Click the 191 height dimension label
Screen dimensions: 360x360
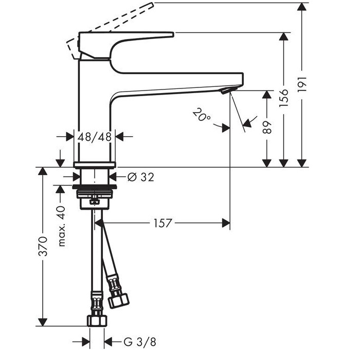[x=302, y=84]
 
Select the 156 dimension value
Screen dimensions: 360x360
[x=284, y=98]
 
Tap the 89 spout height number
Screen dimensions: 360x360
[x=267, y=128]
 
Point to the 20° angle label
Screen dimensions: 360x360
[x=201, y=115]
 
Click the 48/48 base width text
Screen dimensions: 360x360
[x=95, y=137]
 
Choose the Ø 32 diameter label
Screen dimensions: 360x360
[x=141, y=177]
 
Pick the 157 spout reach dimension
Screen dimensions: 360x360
[x=163, y=223]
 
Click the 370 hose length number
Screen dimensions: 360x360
[x=43, y=246]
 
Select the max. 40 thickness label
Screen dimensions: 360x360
[x=62, y=226]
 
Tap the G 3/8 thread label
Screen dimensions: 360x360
[x=140, y=342]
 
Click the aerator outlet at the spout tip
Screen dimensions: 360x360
[x=228, y=90]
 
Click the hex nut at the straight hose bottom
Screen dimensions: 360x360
[x=97, y=321]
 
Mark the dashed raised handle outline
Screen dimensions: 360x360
[x=110, y=30]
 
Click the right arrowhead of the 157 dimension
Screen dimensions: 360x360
[x=226, y=223]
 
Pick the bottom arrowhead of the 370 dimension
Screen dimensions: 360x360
[x=43, y=322]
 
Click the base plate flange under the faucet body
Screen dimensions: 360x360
[x=94, y=165]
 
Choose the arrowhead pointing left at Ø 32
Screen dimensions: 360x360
[x=113, y=177]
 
